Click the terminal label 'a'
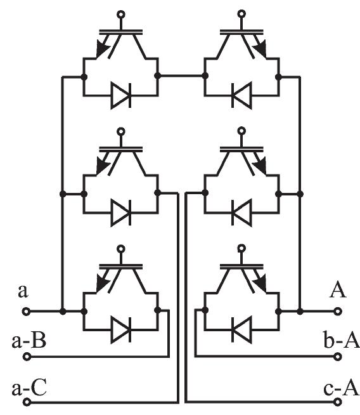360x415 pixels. [23, 292]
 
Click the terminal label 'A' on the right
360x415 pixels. [337, 291]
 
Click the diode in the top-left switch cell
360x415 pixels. [120, 97]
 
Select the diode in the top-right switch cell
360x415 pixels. [240, 97]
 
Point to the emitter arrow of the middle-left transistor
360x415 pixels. [101, 165]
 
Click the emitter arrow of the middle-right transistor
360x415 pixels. [260, 165]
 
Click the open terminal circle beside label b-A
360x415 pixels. [338, 357]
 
